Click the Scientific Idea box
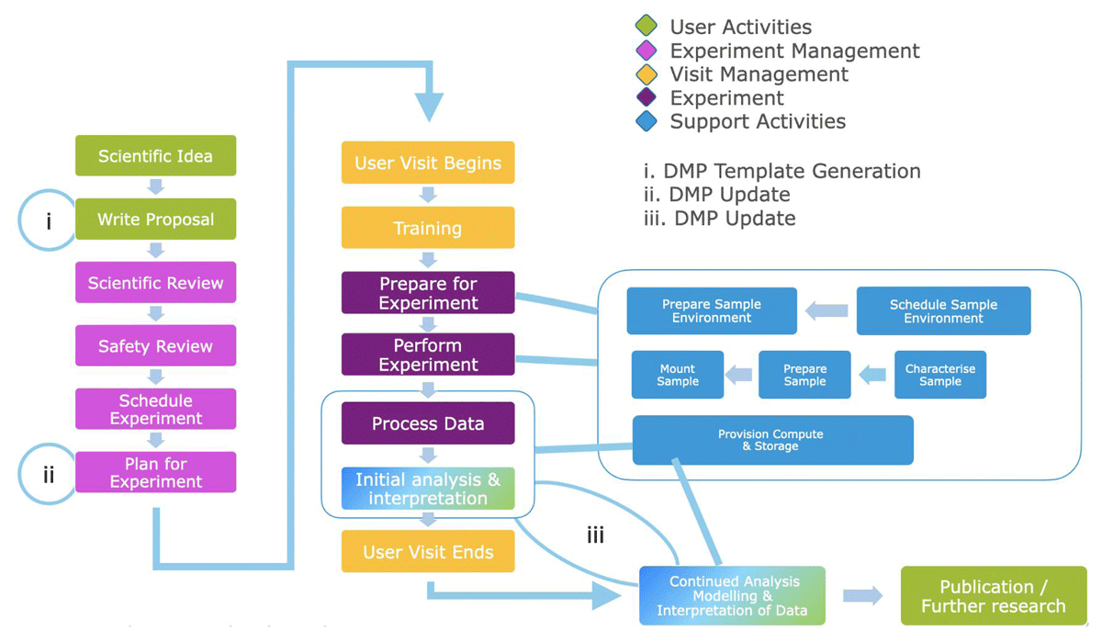tap(155, 156)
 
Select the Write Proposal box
tap(155, 220)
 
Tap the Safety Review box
tap(155, 346)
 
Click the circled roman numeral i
tap(49, 220)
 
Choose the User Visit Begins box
tap(428, 163)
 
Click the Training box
tap(428, 228)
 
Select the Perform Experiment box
tap(428, 355)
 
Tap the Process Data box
tap(428, 423)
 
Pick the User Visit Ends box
tap(428, 552)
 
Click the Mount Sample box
tap(678, 375)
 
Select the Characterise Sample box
tap(940, 375)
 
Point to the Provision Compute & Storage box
tap(772, 440)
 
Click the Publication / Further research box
tap(993, 596)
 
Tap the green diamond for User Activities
tap(647, 27)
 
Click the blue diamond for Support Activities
tap(647, 121)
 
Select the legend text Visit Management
tap(759, 74)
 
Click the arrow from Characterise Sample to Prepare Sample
tap(872, 374)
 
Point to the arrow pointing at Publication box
tap(862, 596)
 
